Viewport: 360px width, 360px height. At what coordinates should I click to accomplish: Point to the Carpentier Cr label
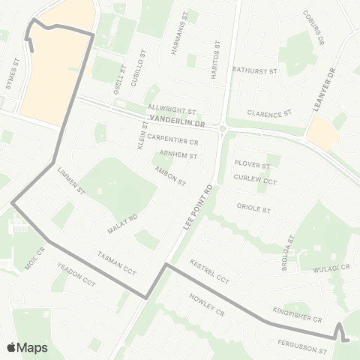(172, 139)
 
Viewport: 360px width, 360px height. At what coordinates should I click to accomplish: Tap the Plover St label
(252, 164)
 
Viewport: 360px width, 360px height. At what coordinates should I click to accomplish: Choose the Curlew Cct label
(255, 181)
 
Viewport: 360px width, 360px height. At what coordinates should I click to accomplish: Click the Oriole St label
(253, 208)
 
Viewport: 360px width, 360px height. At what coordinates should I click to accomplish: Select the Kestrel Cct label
(209, 271)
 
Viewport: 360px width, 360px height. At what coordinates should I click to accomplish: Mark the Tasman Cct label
(117, 262)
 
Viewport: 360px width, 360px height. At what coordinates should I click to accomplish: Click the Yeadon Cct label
(76, 277)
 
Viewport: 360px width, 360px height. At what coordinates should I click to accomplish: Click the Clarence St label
(268, 113)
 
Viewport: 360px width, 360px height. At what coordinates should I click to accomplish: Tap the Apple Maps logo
(28, 347)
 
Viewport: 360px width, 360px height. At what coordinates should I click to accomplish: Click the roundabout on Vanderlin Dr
(223, 128)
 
